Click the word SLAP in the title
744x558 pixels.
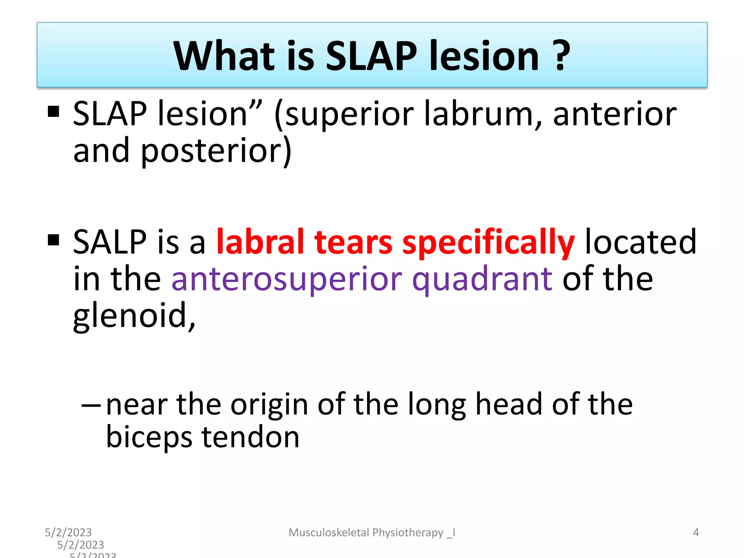tap(371, 56)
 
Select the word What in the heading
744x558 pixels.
tap(224, 56)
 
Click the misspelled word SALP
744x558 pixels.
tap(110, 242)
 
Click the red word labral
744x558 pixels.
tap(260, 242)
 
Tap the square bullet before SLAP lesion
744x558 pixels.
tap(53, 112)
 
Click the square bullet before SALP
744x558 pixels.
tap(53, 240)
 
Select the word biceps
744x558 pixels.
tap(149, 437)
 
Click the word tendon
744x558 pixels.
tap(250, 437)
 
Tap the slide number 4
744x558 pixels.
tap(696, 533)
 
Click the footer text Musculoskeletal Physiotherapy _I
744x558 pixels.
tap(372, 533)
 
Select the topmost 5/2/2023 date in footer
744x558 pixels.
tap(68, 533)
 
